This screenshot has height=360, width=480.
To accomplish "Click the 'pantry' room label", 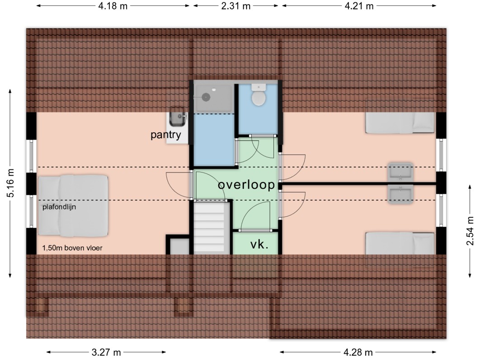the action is point(165,135).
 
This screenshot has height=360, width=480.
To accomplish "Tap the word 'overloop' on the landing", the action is point(246,185).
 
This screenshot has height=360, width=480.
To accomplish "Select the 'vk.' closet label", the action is point(259,244).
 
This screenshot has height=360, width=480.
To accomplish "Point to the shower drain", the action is point(206,97).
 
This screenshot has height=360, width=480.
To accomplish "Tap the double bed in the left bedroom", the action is point(73,206).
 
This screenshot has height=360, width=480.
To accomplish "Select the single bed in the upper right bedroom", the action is point(400,123).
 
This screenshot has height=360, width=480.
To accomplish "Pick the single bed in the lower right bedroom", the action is point(400,243).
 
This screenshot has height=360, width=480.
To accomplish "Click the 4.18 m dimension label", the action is point(113,6).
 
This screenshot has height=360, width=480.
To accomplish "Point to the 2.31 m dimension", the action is point(236,6).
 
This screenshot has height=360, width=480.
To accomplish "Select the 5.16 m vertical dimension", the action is point(10,183).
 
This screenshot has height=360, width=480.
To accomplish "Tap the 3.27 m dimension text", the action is point(106,352).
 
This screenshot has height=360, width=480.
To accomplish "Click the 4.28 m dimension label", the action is point(358,352).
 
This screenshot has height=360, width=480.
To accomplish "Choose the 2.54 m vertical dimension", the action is point(470,231).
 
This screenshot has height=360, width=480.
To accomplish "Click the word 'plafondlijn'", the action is point(59,207).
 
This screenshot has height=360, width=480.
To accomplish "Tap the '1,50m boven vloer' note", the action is point(72,248).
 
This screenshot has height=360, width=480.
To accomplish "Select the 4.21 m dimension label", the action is point(359,6).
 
